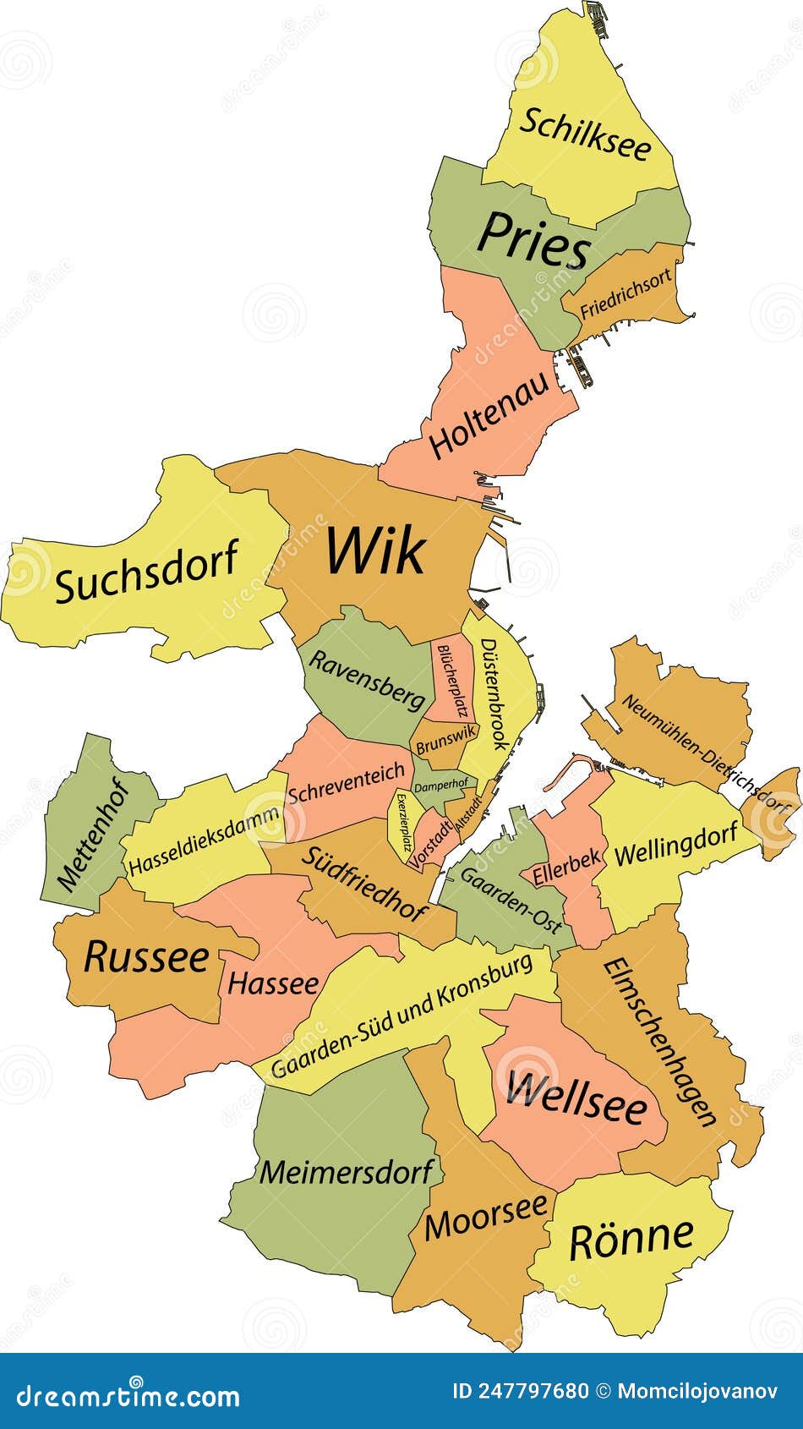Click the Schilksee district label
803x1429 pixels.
(x=585, y=134)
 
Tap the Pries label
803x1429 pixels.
(x=533, y=240)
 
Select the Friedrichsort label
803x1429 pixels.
(x=625, y=293)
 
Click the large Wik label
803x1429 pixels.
(x=375, y=550)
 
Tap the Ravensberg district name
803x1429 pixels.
(x=366, y=680)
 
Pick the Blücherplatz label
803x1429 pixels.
(x=451, y=680)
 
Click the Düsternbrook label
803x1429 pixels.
(x=494, y=693)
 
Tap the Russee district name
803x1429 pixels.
(x=146, y=957)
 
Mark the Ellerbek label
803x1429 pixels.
(x=561, y=867)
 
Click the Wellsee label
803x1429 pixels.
(x=576, y=1098)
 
